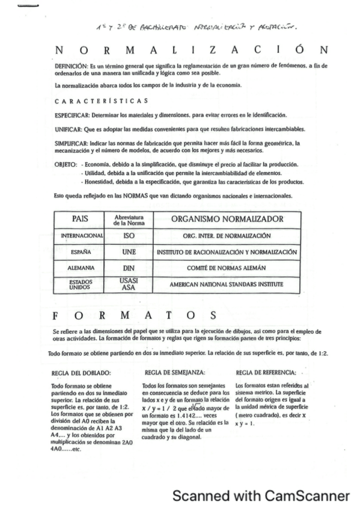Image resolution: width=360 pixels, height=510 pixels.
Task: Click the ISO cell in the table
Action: [x=128, y=237]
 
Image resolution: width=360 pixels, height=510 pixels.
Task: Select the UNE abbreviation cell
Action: [x=128, y=252]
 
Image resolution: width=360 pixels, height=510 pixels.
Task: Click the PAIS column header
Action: [x=80, y=220]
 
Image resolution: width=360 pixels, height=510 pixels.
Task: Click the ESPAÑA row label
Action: [x=80, y=252]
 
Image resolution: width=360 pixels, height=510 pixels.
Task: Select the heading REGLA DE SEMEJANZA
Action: [x=168, y=373]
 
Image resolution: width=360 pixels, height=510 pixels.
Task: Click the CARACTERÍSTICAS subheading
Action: [x=101, y=100]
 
